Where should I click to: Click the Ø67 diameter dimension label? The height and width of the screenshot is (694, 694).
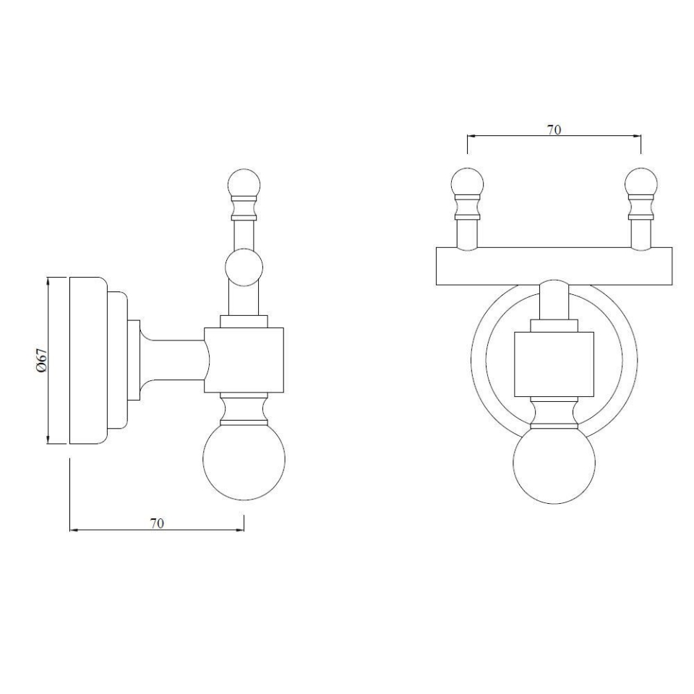[42, 359]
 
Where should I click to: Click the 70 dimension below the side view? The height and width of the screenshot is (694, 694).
[157, 523]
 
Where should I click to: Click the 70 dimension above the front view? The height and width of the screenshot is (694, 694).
[554, 130]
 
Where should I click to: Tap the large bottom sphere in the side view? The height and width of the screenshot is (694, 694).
[244, 458]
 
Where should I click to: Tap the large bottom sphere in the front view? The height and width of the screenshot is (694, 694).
[554, 463]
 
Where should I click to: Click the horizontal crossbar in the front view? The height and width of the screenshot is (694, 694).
[554, 266]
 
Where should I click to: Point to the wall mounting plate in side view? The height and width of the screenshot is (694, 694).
[87, 359]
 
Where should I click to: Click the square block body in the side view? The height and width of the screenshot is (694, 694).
[244, 360]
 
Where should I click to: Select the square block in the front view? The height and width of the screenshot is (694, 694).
[554, 364]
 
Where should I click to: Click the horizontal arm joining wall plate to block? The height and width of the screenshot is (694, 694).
[173, 359]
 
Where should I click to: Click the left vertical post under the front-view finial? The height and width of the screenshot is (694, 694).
[467, 233]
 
